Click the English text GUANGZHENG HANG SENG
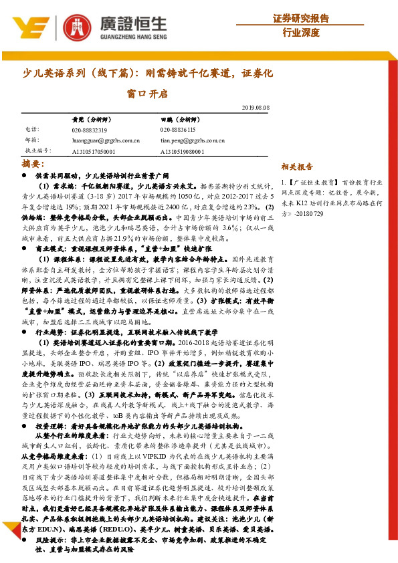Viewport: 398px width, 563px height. click(125, 37)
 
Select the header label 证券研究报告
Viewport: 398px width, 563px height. click(301, 17)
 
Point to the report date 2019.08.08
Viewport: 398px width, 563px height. click(256, 107)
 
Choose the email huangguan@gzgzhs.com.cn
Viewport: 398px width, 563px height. click(104, 140)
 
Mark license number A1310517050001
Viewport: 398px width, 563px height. click(94, 152)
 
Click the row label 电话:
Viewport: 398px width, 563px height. click(32, 130)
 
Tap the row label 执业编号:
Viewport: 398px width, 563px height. click(37, 152)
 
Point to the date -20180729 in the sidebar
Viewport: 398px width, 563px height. click(308, 213)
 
